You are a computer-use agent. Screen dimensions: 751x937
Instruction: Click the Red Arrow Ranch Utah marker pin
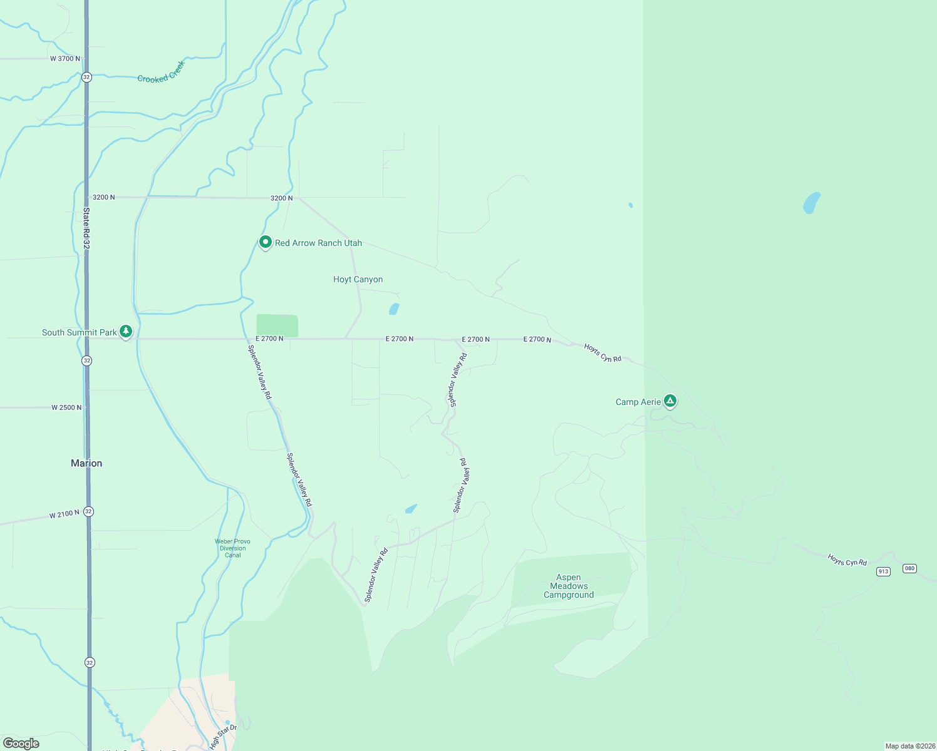pos(266,242)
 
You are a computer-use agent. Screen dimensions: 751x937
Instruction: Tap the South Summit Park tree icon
pos(126,331)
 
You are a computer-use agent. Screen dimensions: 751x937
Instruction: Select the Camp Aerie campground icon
pos(670,401)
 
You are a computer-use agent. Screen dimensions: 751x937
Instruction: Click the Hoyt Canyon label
pos(358,280)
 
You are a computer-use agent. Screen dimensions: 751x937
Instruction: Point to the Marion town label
pos(86,463)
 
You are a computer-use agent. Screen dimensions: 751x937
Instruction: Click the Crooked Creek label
pos(162,73)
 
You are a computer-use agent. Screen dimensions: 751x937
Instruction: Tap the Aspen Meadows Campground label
pos(569,586)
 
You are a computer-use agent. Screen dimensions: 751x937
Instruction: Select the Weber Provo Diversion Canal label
pos(232,548)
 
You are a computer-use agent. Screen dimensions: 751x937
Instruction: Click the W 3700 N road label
pos(65,59)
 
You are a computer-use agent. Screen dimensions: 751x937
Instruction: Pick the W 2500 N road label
pos(66,407)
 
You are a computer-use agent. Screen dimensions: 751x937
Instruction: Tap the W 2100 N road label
pos(65,514)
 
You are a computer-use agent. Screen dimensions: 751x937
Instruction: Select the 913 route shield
pos(883,571)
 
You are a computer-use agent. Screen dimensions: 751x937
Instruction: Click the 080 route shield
pos(909,568)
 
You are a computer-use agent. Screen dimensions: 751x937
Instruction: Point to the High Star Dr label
pos(223,737)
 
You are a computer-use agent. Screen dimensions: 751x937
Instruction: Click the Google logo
pos(21,743)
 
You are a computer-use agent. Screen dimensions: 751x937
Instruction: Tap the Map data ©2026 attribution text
pos(910,746)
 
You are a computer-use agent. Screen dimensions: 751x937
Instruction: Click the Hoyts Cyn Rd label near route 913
pos(847,559)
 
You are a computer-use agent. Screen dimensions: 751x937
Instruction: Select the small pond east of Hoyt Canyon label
pos(394,309)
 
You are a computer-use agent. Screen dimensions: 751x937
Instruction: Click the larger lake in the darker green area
pos(811,203)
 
